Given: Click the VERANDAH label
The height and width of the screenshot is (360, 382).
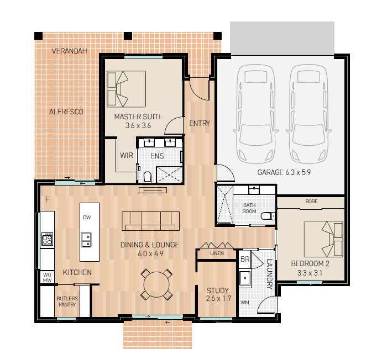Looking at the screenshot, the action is pyautogui.click(x=70, y=51).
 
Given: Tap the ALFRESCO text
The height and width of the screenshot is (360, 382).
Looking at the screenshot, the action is pyautogui.click(x=66, y=112).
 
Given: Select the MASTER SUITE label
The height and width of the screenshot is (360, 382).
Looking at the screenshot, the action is pyautogui.click(x=138, y=117).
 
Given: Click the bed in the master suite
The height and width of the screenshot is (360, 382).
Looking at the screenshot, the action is pyautogui.click(x=126, y=89).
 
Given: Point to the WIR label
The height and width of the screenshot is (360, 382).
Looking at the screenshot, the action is pyautogui.click(x=127, y=156).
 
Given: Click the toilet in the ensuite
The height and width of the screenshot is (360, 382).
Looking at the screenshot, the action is pyautogui.click(x=148, y=177).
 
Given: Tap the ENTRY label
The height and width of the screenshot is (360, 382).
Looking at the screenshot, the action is pyautogui.click(x=200, y=123).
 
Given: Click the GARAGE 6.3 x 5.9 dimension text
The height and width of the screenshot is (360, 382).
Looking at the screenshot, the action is pyautogui.click(x=284, y=172).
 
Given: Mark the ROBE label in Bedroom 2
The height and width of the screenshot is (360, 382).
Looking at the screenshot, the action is pyautogui.click(x=311, y=202).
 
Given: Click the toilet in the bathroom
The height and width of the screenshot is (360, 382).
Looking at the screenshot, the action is pyautogui.click(x=268, y=216).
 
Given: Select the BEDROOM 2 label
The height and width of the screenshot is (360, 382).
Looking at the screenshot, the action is pyautogui.click(x=310, y=264).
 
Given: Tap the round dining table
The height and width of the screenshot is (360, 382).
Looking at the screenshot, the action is pyautogui.click(x=156, y=284).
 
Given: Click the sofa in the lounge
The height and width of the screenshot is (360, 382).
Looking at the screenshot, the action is pyautogui.click(x=151, y=221).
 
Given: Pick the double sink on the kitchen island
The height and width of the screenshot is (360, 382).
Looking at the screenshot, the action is pyautogui.click(x=86, y=240).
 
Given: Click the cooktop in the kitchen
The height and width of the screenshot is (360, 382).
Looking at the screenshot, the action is pyautogui.click(x=47, y=239).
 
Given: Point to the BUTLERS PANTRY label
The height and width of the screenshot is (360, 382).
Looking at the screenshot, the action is pyautogui.click(x=67, y=301).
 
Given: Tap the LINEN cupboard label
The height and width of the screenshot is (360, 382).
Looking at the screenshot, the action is pyautogui.click(x=217, y=253).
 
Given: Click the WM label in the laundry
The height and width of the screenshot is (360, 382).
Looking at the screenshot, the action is pyautogui.click(x=244, y=303).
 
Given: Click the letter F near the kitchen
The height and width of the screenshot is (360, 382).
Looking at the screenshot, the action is pyautogui.click(x=47, y=200).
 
